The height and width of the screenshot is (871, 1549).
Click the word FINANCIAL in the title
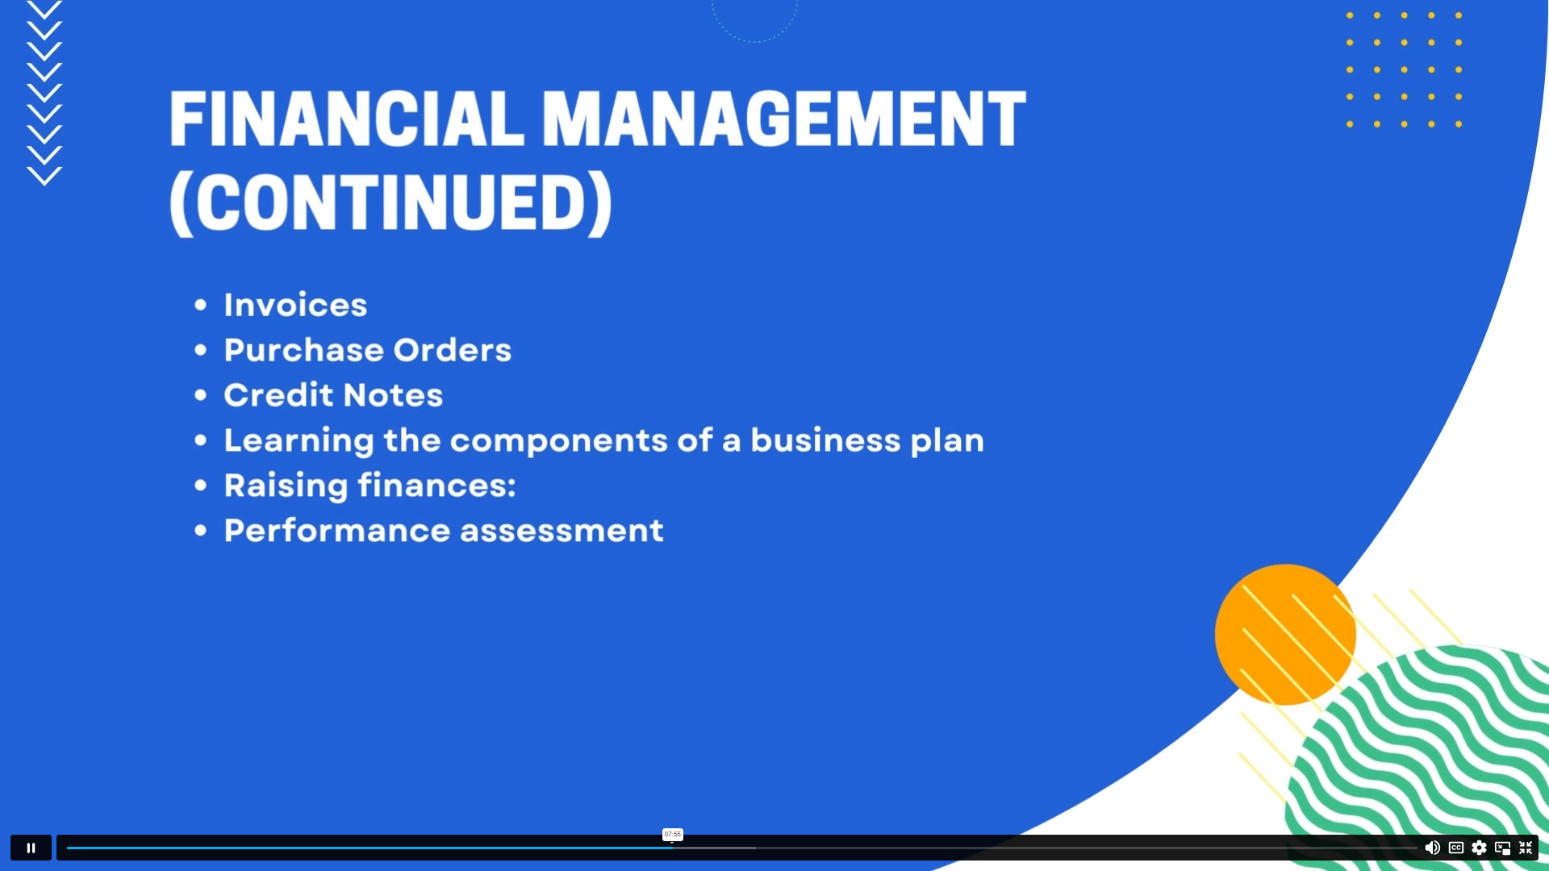pyautogui.click(x=346, y=119)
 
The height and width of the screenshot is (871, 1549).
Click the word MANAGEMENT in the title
pyautogui.click(x=783, y=119)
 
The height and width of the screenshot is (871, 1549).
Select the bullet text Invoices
pyautogui.click(x=295, y=305)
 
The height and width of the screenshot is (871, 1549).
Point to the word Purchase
pyautogui.click(x=303, y=350)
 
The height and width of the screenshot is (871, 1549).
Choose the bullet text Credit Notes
pyautogui.click(x=333, y=395)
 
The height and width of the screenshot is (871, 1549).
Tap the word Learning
pyautogui.click(x=299, y=441)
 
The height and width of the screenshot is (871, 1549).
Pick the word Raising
pyautogui.click(x=286, y=486)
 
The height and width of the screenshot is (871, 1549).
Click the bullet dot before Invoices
pyautogui.click(x=201, y=305)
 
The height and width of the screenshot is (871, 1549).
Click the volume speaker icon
pyautogui.click(x=1432, y=848)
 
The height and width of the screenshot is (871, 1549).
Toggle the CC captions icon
pyautogui.click(x=1456, y=848)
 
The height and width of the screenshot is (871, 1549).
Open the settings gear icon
pyautogui.click(x=1479, y=848)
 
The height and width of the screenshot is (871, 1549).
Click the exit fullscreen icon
pyautogui.click(x=1526, y=848)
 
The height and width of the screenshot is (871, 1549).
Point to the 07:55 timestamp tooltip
pyautogui.click(x=673, y=834)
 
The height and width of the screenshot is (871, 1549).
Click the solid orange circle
pyautogui.click(x=1285, y=635)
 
